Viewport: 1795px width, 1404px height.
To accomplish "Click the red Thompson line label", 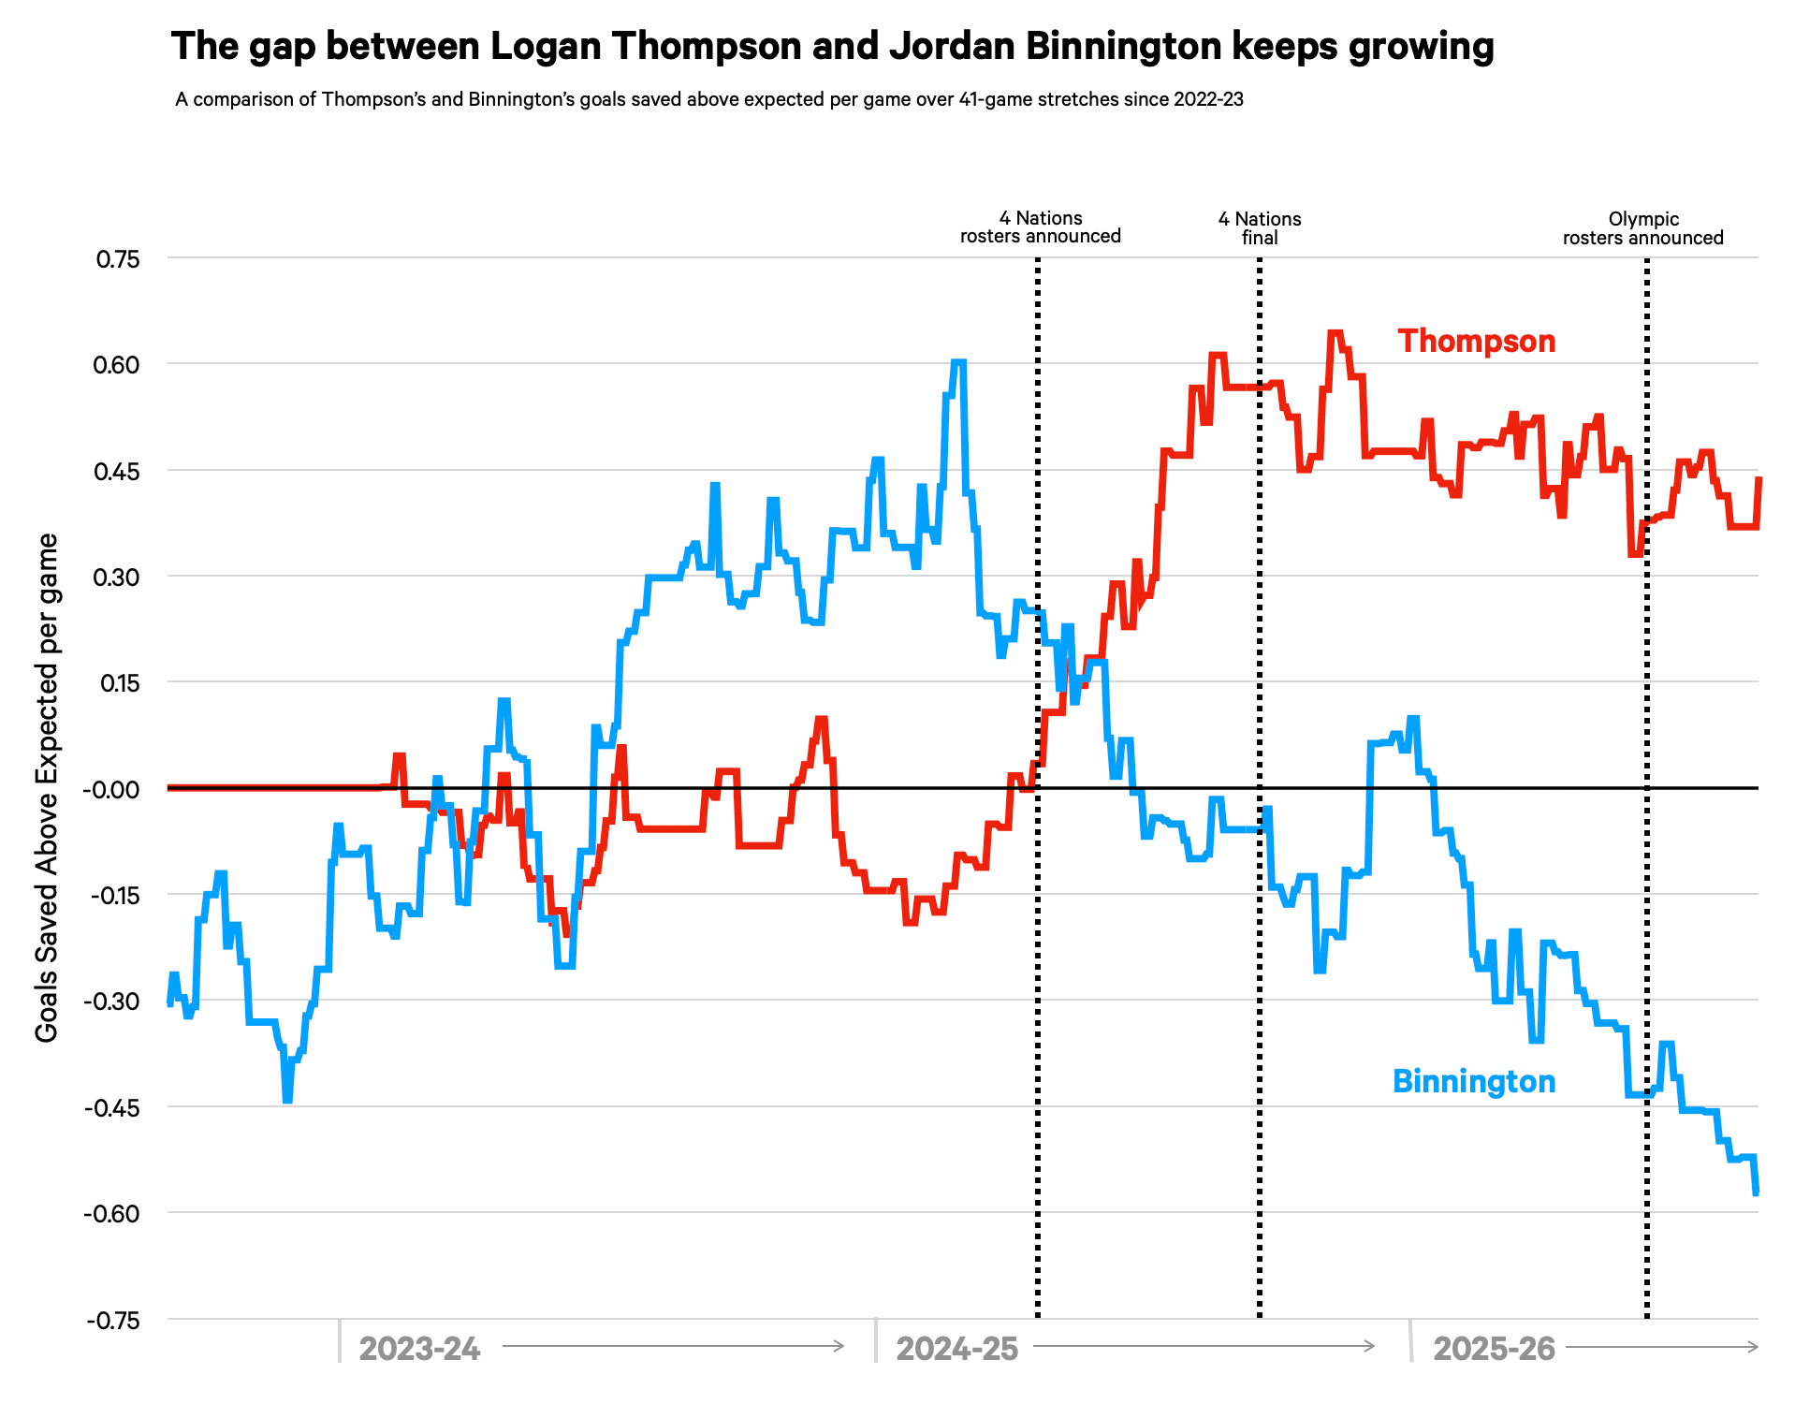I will click(x=1476, y=341).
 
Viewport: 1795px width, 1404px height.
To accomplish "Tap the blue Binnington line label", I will click(x=1474, y=1081).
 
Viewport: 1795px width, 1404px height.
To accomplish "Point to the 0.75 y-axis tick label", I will click(x=118, y=259).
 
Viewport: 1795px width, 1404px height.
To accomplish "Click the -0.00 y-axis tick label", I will click(x=111, y=789).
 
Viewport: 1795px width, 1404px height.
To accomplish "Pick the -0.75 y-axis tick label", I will click(x=112, y=1321).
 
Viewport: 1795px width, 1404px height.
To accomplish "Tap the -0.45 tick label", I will click(x=112, y=1108).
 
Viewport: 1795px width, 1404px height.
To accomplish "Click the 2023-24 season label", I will click(x=419, y=1349).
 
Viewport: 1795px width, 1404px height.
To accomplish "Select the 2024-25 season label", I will click(x=956, y=1349).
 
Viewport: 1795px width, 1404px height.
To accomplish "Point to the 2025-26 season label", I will click(x=1494, y=1349).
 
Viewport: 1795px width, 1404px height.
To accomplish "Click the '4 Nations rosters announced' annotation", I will click(x=1040, y=227).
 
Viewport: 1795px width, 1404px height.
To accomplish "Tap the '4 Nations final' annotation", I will click(x=1260, y=228).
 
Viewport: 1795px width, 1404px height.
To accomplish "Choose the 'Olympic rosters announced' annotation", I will click(x=1642, y=228).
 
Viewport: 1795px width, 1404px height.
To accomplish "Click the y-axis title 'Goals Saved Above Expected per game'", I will click(x=47, y=787).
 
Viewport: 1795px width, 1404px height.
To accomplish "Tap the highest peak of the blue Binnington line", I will click(x=957, y=361).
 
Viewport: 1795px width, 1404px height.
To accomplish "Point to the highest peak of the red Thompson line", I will click(x=1335, y=332).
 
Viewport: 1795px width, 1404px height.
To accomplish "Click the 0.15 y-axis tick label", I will click(x=117, y=683).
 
